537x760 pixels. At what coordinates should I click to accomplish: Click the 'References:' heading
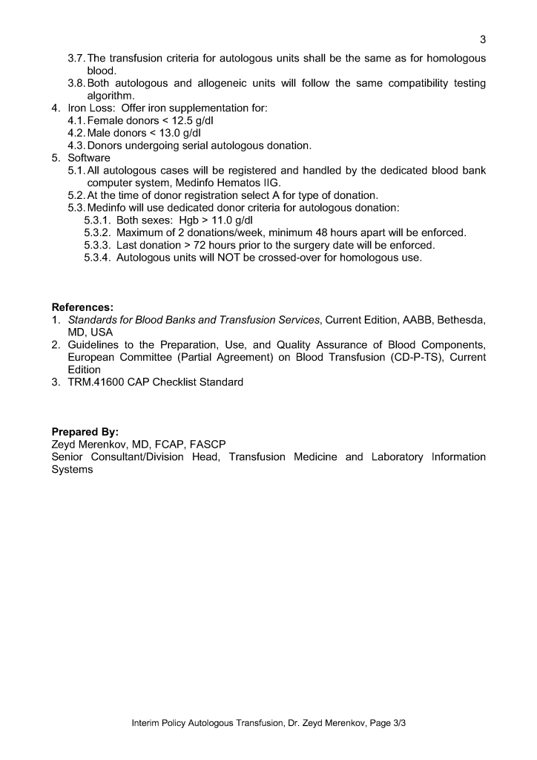point(82,307)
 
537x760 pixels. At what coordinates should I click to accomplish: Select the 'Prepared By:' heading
point(85,432)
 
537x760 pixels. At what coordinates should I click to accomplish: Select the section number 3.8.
point(76,83)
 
